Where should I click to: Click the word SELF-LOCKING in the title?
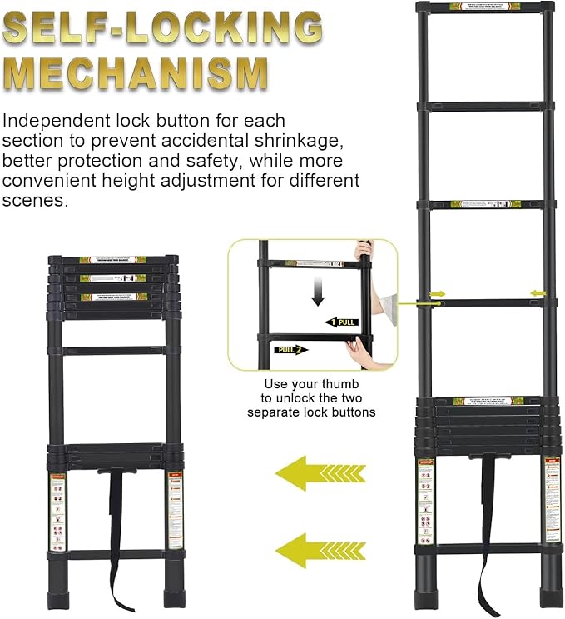[161, 30]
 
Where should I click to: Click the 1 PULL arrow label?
[342, 321]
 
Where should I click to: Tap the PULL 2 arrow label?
[291, 349]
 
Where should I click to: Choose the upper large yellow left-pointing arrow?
[314, 475]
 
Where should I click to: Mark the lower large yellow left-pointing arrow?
[314, 550]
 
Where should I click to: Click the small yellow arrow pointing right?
[437, 292]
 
